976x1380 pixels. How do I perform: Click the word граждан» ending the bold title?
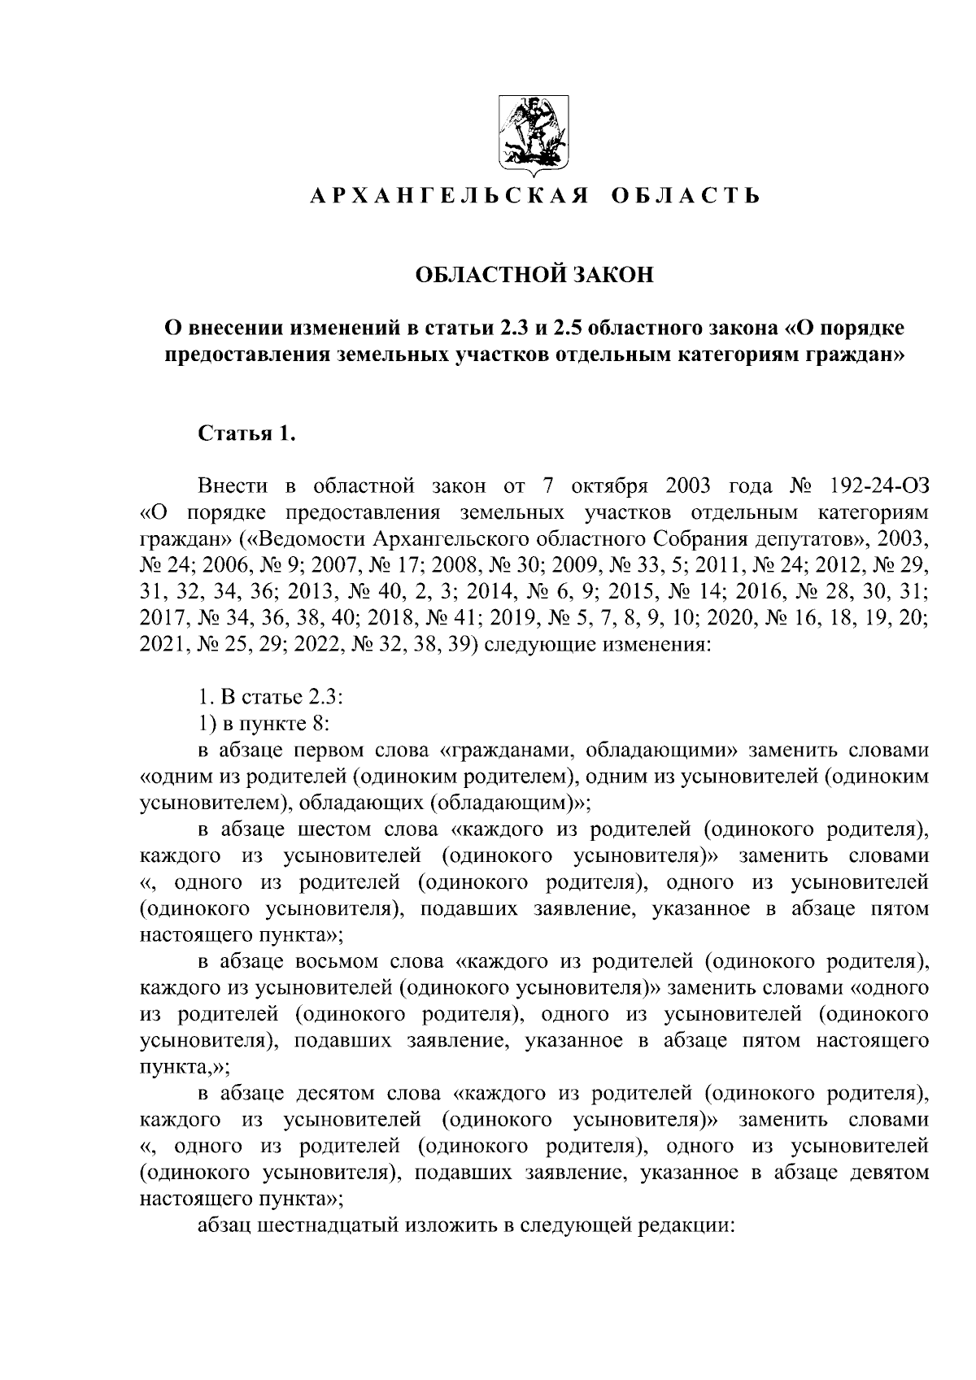click(x=856, y=355)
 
